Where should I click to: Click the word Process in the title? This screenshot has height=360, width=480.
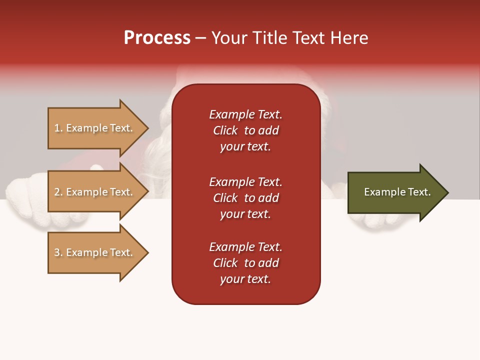(x=157, y=38)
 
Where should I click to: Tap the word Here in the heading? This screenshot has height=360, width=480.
(x=349, y=38)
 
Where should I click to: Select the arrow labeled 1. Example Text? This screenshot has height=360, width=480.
(x=93, y=128)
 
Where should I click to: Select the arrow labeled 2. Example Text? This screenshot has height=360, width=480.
(x=93, y=192)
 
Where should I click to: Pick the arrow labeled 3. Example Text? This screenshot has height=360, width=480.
(x=93, y=252)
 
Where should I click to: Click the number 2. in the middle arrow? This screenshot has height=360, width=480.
(x=58, y=192)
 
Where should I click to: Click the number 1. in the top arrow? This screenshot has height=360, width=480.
(x=58, y=128)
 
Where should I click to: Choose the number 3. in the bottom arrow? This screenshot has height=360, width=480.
(x=58, y=252)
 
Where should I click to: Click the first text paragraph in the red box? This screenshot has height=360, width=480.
(x=245, y=130)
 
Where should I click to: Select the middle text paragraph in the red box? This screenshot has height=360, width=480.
(x=245, y=198)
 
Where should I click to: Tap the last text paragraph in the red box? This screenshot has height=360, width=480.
(x=245, y=263)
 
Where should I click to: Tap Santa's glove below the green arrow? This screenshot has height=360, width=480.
(x=380, y=224)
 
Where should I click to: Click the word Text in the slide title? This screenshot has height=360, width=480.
(x=310, y=38)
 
